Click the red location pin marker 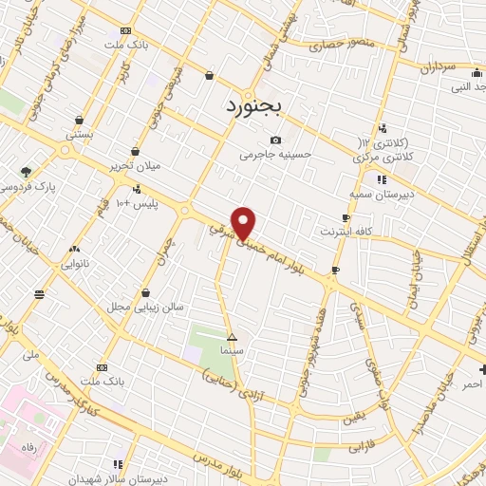click(x=244, y=223)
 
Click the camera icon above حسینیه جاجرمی click(x=275, y=140)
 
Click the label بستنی click(x=78, y=136)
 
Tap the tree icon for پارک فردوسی click(x=26, y=171)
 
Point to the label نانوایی click(x=73, y=264)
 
